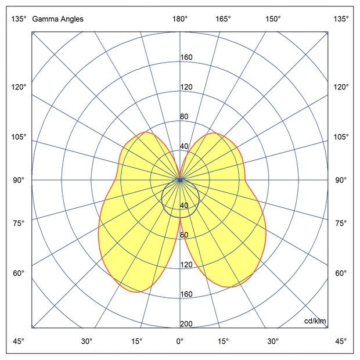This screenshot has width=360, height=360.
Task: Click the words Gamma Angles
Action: (x=58, y=19)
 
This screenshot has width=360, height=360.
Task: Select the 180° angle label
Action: (x=180, y=19)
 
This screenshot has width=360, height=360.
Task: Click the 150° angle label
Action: (x=273, y=19)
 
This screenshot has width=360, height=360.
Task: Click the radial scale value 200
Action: (x=186, y=325)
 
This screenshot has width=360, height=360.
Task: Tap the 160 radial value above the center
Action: (x=186, y=57)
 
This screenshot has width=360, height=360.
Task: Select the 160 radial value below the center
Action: (x=186, y=294)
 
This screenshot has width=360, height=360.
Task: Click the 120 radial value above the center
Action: (x=186, y=87)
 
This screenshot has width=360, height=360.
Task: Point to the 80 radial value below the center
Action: (x=185, y=235)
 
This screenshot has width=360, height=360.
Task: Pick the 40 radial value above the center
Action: (x=185, y=146)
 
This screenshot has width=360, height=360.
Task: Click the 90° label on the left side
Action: (x=19, y=180)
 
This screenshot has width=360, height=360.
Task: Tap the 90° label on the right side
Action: (x=341, y=180)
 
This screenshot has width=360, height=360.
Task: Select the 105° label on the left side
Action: (x=19, y=136)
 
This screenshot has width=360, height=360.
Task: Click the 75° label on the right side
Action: (x=341, y=223)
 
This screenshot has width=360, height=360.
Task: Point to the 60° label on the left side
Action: (x=19, y=273)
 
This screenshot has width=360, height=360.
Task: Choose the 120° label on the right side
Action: (x=341, y=87)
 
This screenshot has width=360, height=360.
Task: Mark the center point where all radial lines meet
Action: (x=180, y=180)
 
